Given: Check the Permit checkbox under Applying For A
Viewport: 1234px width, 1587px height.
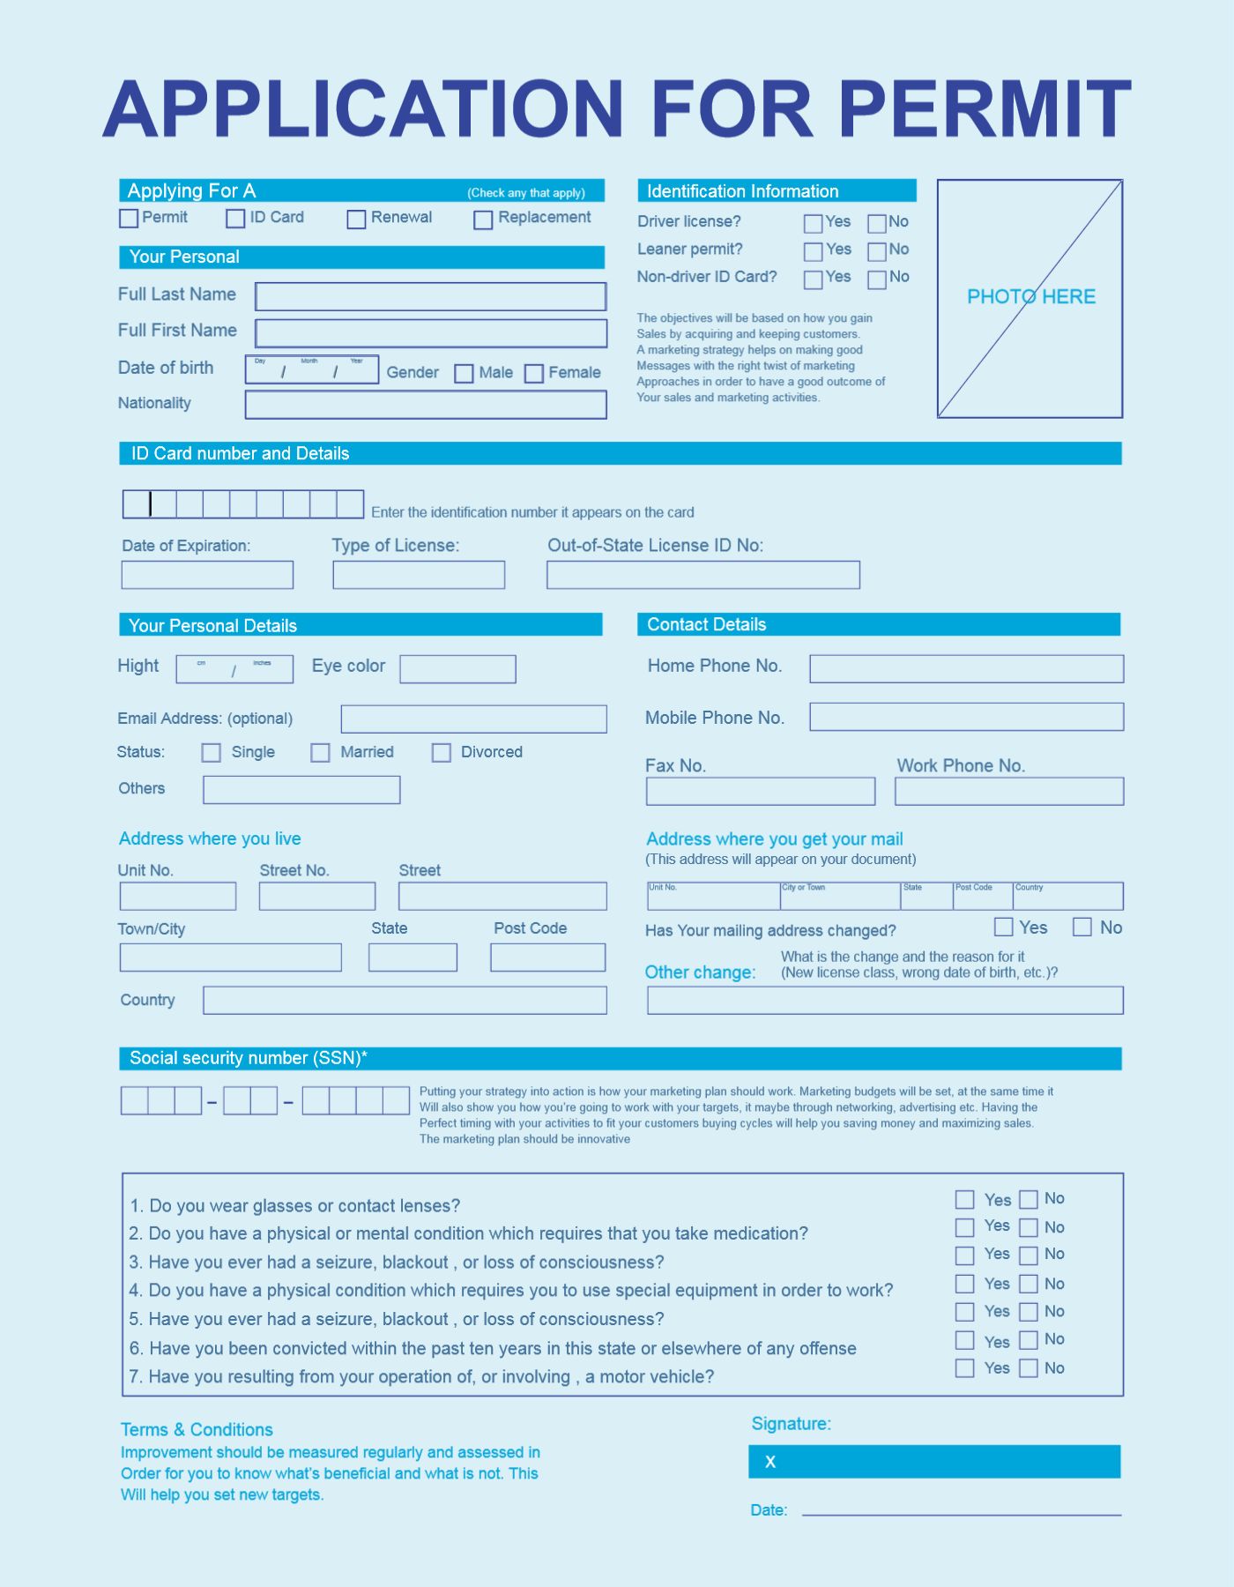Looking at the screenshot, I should [129, 219].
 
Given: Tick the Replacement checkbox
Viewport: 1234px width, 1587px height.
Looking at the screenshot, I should [483, 220].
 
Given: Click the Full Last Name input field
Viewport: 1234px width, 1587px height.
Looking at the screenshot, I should [430, 296].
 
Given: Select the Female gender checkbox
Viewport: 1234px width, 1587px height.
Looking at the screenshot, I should [534, 374].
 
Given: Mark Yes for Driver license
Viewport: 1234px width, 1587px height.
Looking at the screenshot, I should [814, 224].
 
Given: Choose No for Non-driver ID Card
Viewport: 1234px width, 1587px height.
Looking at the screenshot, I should [877, 279].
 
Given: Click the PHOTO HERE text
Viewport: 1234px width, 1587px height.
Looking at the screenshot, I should [1031, 297].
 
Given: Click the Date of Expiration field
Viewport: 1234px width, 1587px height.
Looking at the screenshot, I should [207, 575].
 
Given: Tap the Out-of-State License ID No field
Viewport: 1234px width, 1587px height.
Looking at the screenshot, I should [702, 575].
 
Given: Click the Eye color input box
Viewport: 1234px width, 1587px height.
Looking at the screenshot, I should [457, 669].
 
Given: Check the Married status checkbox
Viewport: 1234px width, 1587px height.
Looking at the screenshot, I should [321, 753].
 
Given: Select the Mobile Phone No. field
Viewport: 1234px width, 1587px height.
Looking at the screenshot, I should [966, 717].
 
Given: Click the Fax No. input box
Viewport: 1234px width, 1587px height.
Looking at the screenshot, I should [760, 791].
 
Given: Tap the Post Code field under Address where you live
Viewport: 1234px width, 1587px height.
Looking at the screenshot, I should [547, 957].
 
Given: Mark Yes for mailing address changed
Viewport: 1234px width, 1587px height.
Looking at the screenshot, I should [1003, 928].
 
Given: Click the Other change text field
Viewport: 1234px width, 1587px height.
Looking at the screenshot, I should [885, 1001].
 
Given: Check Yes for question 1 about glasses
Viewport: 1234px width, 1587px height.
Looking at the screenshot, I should [965, 1200].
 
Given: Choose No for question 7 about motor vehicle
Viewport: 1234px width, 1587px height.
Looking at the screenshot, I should [1029, 1368].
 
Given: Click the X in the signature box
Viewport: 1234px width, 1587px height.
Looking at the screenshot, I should [770, 1462].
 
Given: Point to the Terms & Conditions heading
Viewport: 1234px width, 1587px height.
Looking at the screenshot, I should [197, 1429].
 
